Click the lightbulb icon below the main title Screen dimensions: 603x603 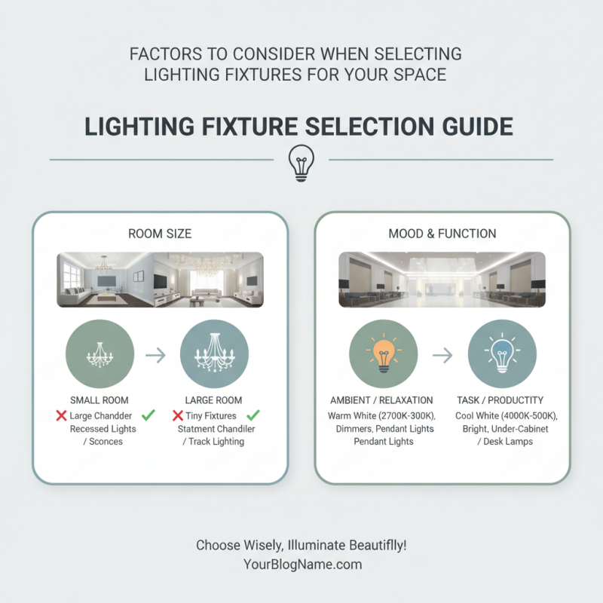click(x=301, y=161)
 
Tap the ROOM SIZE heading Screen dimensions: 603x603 click(x=161, y=234)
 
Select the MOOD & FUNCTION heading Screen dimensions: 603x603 click(x=442, y=234)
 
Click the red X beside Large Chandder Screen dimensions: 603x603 click(x=61, y=415)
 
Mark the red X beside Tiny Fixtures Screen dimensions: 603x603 click(x=178, y=415)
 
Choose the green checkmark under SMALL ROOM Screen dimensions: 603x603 click(x=148, y=415)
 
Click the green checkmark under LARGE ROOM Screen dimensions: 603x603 click(x=253, y=415)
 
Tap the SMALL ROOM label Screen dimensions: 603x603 click(x=99, y=400)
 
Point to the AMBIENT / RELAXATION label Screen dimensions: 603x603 click(x=381, y=400)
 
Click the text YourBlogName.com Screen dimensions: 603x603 click(x=301, y=564)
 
